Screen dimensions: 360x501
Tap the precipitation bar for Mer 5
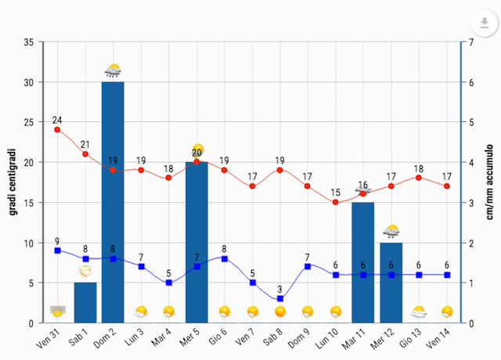click(196, 243)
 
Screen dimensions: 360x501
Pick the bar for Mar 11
click(363, 262)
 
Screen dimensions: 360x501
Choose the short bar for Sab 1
click(85, 302)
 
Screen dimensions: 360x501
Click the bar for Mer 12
click(391, 283)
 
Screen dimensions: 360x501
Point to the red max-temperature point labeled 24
click(57, 129)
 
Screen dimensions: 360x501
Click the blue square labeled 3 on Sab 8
click(280, 299)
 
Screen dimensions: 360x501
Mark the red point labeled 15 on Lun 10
click(336, 202)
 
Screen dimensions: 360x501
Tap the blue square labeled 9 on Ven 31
click(57, 250)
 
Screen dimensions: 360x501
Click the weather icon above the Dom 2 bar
click(113, 71)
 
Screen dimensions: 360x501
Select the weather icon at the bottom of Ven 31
click(57, 311)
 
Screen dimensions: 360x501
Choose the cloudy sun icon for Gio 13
click(420, 312)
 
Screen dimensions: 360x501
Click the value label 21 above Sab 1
click(85, 144)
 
